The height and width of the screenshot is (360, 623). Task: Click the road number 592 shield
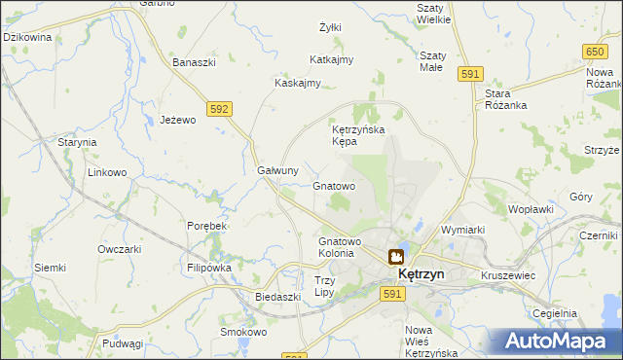click(x=219, y=109)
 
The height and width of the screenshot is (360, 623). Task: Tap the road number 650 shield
click(x=596, y=51)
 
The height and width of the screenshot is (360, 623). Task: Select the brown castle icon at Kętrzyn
click(x=396, y=257)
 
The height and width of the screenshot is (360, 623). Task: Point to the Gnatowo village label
click(x=334, y=185)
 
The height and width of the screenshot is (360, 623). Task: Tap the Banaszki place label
click(x=194, y=63)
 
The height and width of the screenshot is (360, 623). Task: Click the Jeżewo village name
click(x=178, y=120)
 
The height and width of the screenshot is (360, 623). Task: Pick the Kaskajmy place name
click(x=298, y=83)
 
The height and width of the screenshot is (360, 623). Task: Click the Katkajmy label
click(x=331, y=59)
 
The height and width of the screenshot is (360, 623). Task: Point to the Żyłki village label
click(x=330, y=27)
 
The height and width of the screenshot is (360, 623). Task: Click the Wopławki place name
click(x=531, y=208)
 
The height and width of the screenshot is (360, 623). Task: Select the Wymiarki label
click(x=462, y=230)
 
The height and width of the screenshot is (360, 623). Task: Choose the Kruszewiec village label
click(x=508, y=275)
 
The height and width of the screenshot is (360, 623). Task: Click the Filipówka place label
click(x=209, y=267)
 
